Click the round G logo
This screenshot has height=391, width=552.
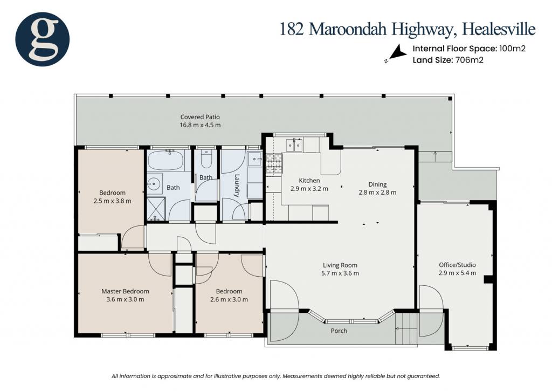pyautogui.click(x=42, y=39)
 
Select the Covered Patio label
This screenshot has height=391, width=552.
pyautogui.click(x=200, y=117)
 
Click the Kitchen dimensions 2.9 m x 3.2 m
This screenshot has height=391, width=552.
pyautogui.click(x=309, y=189)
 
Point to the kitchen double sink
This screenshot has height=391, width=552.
pyautogui.click(x=294, y=145)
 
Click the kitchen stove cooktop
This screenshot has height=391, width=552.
pyautogui.click(x=274, y=164)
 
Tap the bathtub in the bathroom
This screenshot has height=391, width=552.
pyautogui.click(x=165, y=160)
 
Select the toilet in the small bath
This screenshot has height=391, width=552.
pyautogui.click(x=206, y=159)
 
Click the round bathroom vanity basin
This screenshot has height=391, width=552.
pyautogui.click(x=154, y=183)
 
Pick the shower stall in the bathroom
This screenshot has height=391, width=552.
pyautogui.click(x=156, y=209)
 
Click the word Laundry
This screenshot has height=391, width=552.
pyautogui.click(x=237, y=186)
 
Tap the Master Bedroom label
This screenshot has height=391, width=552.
pyautogui.click(x=125, y=291)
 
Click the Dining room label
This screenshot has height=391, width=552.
pyautogui.click(x=377, y=184)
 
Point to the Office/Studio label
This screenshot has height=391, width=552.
pyautogui.click(x=457, y=265)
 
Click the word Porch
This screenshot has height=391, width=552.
pyautogui.click(x=339, y=331)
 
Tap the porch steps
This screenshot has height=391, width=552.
pyautogui.click(x=406, y=329)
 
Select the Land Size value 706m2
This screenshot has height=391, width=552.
pyautogui.click(x=470, y=60)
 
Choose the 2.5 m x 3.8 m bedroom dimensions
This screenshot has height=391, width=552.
pyautogui.click(x=112, y=201)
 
